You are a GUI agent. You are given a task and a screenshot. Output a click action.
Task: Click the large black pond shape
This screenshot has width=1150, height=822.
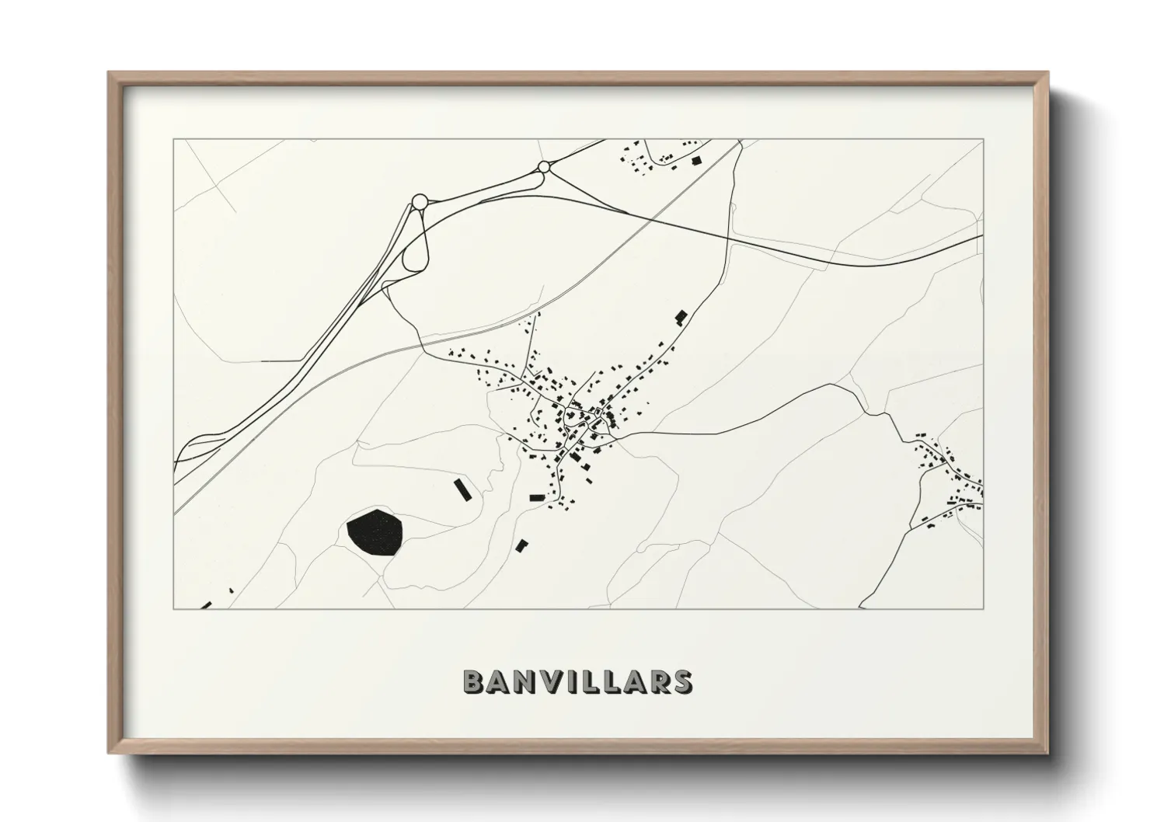[375, 532]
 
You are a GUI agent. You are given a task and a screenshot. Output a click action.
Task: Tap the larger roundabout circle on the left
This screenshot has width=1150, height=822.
[420, 201]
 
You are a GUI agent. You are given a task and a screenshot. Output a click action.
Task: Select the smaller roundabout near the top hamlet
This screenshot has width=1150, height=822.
[544, 166]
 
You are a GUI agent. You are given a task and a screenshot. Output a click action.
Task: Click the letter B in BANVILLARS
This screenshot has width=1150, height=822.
[473, 681]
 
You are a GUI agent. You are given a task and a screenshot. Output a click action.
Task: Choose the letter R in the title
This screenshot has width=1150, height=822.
[659, 681]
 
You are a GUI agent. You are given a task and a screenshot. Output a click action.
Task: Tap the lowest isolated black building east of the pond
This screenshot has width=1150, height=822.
[521, 545]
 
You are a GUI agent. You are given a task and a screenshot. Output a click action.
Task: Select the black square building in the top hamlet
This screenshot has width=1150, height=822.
[696, 161]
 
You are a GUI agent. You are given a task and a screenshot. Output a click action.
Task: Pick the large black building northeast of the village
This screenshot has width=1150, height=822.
[681, 316]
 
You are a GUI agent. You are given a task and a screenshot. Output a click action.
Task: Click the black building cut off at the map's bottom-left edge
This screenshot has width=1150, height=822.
[206, 605]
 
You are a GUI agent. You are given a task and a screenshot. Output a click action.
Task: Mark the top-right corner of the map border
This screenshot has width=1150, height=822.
[983, 140]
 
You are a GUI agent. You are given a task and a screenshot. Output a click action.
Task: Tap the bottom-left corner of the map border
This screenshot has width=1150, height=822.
[174, 608]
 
